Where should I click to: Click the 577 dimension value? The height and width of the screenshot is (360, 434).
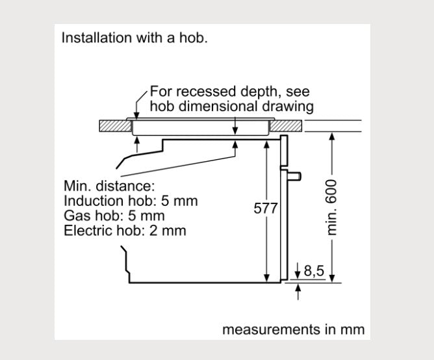pos(265,209)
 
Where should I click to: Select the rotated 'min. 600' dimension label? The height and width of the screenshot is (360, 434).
pos(333,207)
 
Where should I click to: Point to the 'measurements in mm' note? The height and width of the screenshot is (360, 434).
pos(293,329)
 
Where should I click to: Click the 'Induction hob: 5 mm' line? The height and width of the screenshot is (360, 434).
pos(131,201)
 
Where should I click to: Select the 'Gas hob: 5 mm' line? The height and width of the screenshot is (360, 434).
pos(114,215)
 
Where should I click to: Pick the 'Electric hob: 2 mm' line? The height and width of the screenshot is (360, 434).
pos(125,230)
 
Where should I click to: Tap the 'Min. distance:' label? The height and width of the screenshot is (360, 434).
pos(109,186)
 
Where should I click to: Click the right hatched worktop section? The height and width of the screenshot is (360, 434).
pos(285,125)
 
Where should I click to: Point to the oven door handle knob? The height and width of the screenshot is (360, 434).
pos(296,175)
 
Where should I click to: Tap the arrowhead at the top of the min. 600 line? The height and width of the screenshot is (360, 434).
pos(332,136)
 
